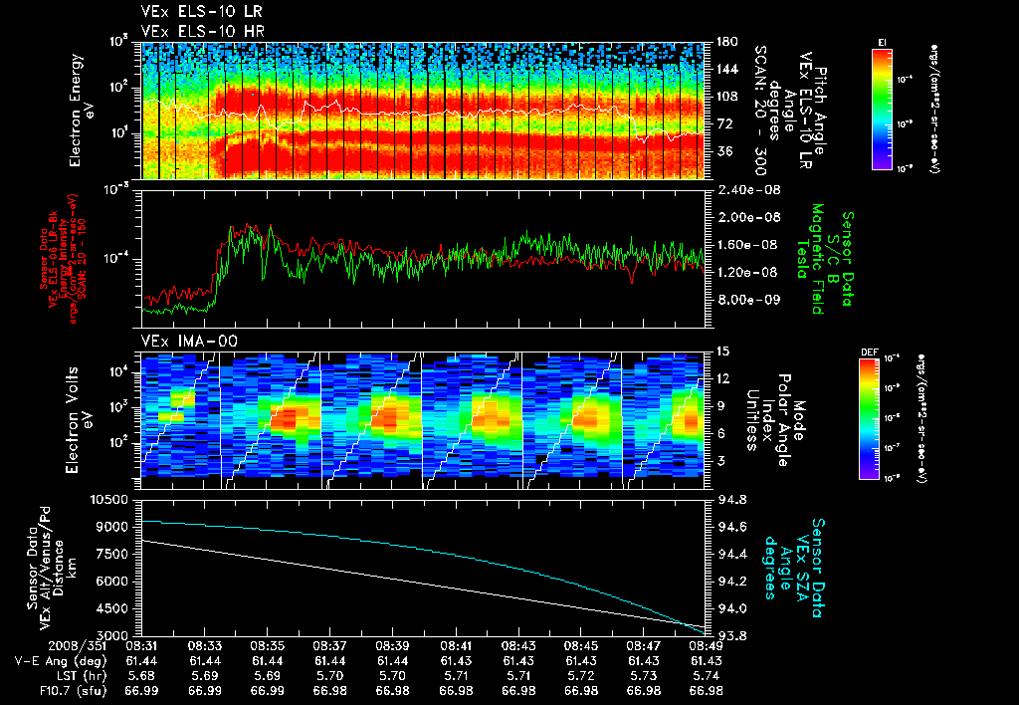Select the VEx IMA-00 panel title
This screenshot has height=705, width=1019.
180,342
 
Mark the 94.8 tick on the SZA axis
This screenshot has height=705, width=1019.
723,499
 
